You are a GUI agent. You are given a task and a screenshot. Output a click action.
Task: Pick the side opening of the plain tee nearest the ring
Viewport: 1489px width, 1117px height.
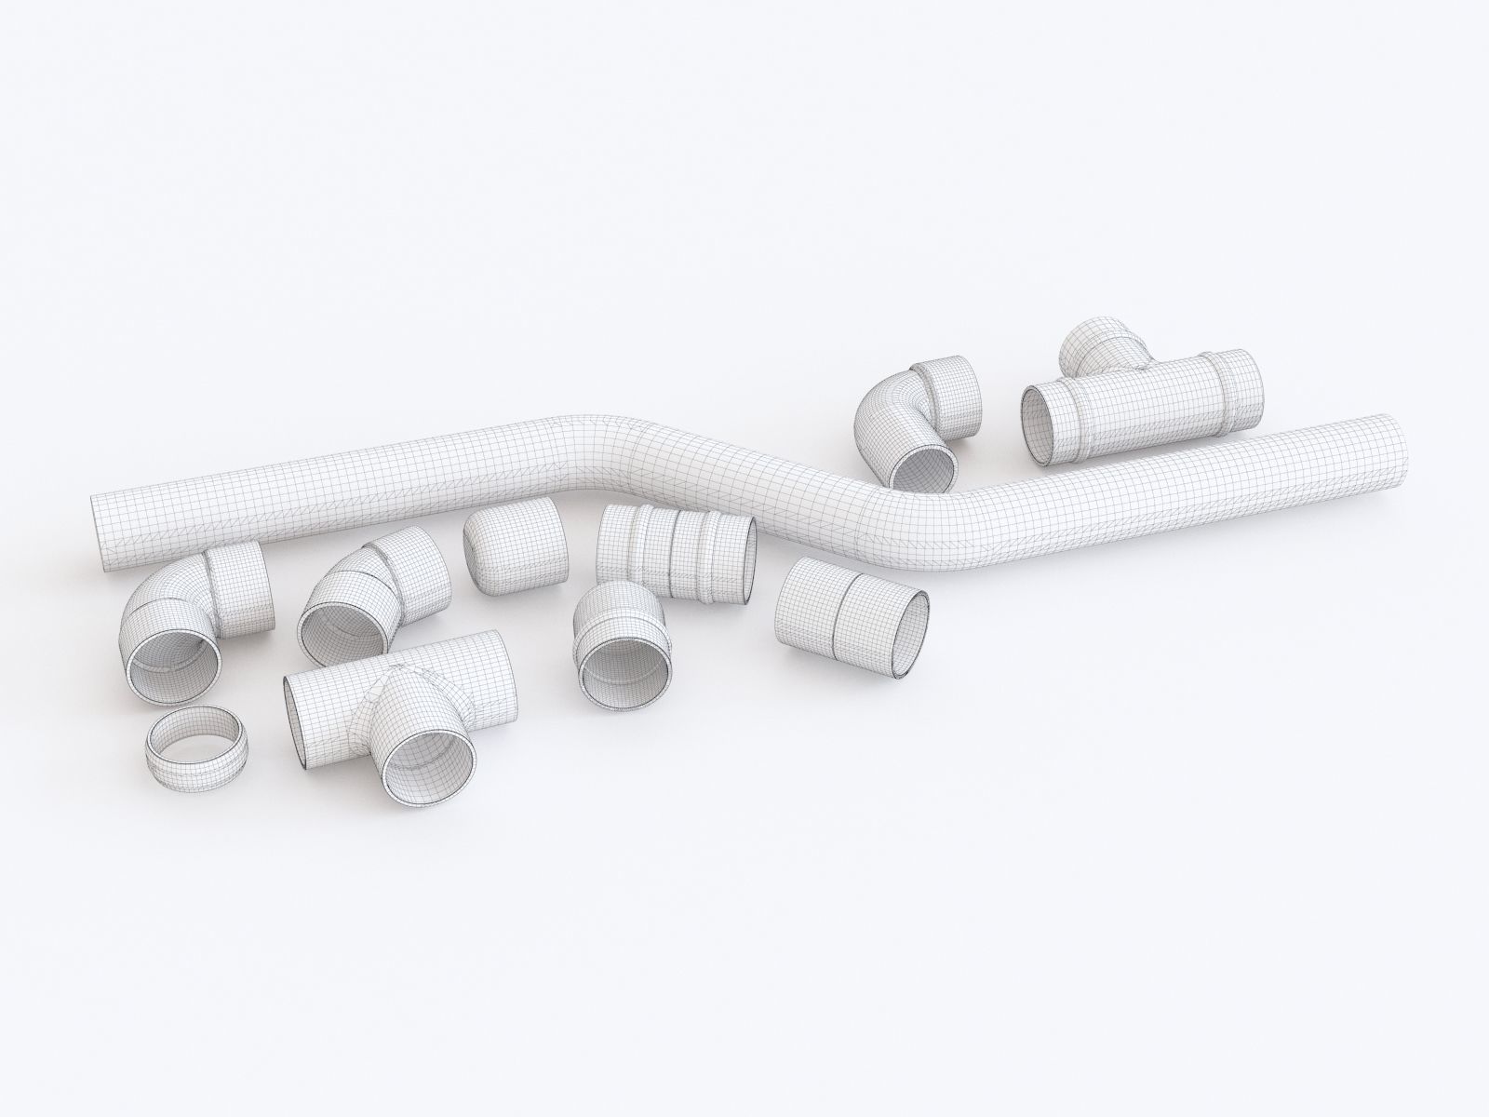(295, 717)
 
